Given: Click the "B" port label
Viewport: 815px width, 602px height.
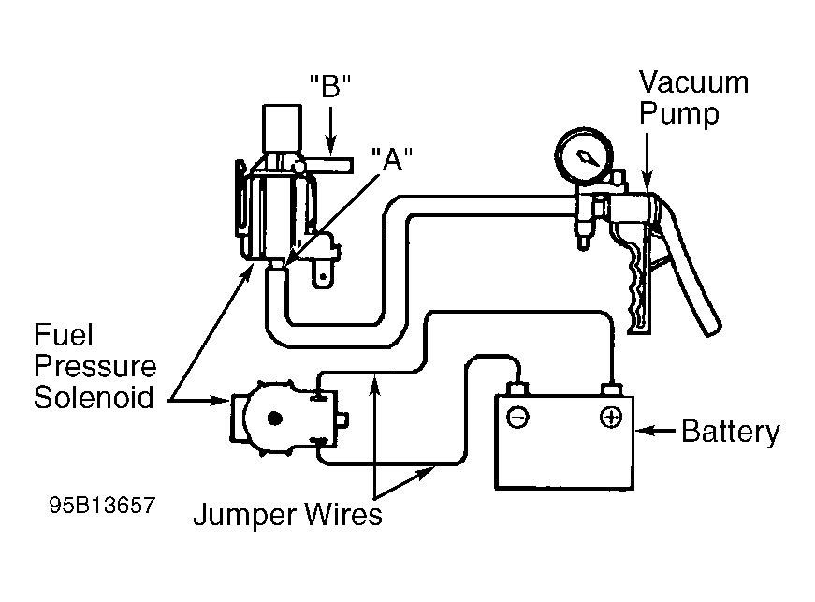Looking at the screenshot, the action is [x=330, y=86].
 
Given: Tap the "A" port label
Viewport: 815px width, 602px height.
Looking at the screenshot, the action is [x=392, y=158].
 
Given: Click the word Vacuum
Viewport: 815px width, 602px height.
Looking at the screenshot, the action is [x=694, y=82].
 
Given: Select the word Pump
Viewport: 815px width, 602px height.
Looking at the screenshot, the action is [x=678, y=114].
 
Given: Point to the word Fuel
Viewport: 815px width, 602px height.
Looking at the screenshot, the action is [x=64, y=335].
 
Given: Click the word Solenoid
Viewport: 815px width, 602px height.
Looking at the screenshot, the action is [x=95, y=397].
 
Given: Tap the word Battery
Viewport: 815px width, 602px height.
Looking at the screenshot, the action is [x=731, y=432].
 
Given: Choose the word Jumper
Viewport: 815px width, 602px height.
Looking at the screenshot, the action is [x=245, y=515].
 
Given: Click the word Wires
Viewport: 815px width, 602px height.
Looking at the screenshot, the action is [x=343, y=515].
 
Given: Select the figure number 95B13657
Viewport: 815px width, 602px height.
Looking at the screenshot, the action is [x=102, y=505].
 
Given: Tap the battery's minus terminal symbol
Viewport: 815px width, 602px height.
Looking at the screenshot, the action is [x=517, y=418].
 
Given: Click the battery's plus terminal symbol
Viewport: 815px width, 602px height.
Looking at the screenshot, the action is [x=611, y=418].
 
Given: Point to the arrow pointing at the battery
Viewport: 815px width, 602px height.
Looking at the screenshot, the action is [x=655, y=431].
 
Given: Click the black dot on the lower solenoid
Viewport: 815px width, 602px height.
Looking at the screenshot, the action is [x=274, y=418].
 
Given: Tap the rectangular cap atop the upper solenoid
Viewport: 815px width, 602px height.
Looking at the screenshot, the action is [x=283, y=128].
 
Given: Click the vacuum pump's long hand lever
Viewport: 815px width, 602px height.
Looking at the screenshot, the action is [x=689, y=265].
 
